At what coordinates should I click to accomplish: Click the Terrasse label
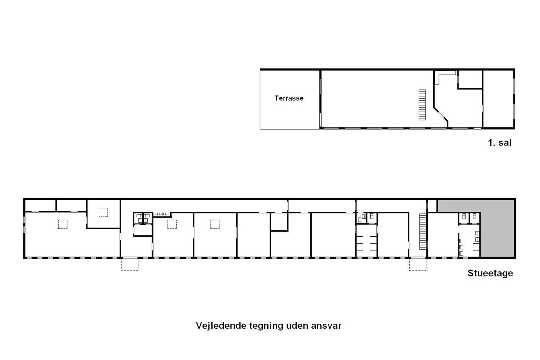289,98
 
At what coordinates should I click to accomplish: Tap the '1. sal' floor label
499,142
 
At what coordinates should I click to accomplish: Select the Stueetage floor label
490,273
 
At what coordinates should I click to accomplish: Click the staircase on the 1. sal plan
422,105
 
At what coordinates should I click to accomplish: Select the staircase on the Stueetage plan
423,232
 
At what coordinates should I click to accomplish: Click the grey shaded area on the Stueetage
497,228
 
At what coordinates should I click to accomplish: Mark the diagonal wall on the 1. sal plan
441,114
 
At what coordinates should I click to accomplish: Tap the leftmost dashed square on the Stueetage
62,225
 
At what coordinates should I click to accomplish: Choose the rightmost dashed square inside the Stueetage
215,225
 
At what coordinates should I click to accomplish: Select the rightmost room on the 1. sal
498,99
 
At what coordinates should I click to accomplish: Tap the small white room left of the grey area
432,206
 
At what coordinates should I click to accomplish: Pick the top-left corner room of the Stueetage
40,205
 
